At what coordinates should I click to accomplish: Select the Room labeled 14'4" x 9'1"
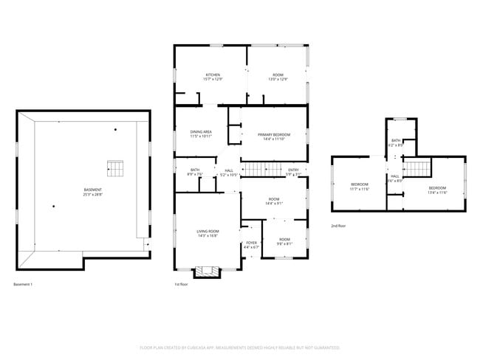[x=274, y=201]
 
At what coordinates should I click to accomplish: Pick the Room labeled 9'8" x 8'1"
[x=284, y=240]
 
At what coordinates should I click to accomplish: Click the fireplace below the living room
[x=206, y=272]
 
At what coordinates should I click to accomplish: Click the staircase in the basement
[x=114, y=169]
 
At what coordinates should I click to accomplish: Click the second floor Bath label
[x=396, y=142]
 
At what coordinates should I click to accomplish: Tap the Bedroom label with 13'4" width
[x=437, y=190]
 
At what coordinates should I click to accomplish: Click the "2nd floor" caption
[x=338, y=226]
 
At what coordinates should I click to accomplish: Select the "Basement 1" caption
[x=23, y=285]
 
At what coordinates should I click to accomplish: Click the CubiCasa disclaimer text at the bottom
[x=239, y=347]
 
